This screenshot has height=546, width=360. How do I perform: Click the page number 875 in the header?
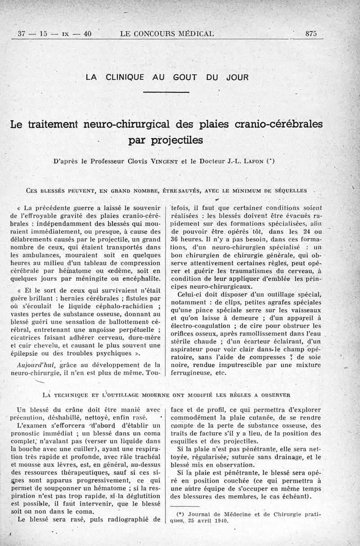pos(311,33)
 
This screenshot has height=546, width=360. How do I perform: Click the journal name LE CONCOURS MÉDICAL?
pos(167,33)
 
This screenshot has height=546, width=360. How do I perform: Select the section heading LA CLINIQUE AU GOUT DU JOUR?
pos(167,77)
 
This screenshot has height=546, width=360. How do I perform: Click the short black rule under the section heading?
pos(167,92)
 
